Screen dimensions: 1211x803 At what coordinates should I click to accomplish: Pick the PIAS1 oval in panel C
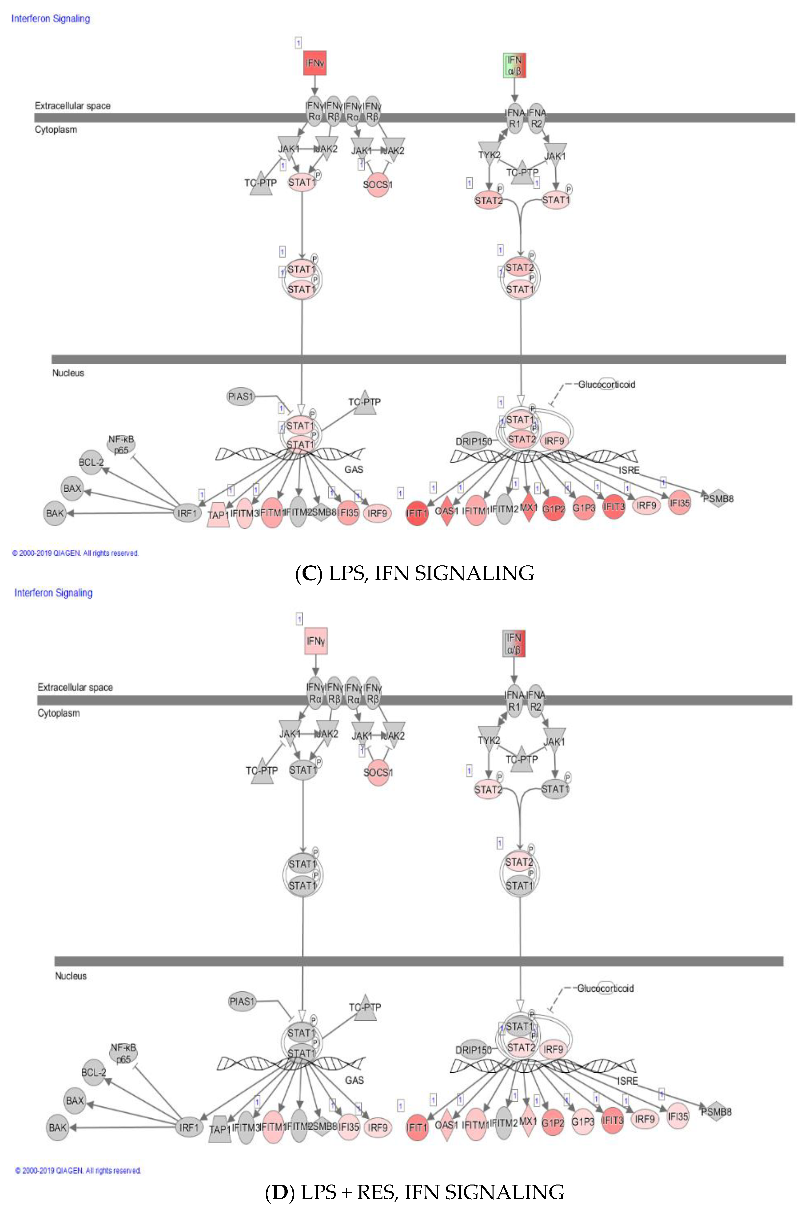pos(241,397)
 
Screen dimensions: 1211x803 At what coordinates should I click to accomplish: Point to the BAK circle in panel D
pos(57,1128)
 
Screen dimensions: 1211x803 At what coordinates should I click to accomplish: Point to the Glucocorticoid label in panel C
pos(606,384)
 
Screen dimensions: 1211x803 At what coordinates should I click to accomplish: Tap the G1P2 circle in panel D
pos(553,1123)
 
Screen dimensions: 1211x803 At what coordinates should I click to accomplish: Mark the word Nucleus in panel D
pos(71,976)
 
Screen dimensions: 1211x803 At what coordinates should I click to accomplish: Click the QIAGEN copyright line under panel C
pos(75,553)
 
